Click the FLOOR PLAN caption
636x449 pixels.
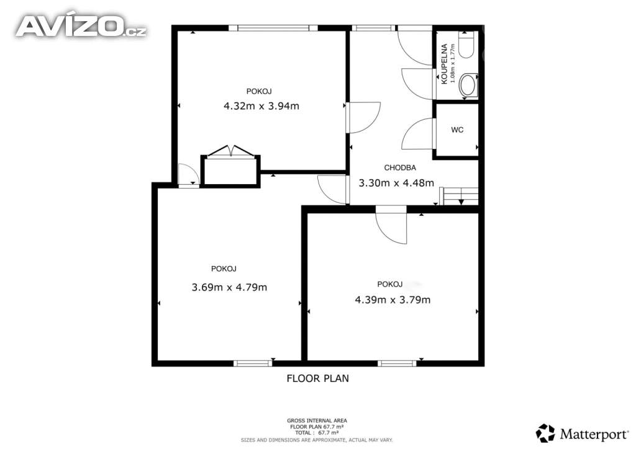click(317, 378)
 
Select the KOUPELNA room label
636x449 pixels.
click(444, 64)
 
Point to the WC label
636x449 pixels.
click(457, 130)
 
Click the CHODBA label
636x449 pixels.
click(400, 167)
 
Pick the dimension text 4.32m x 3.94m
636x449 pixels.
click(261, 106)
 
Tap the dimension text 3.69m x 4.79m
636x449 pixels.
click(229, 287)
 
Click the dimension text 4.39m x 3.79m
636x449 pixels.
click(393, 300)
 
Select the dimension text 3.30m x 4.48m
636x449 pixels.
click(396, 183)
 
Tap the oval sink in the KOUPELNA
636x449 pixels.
click(468, 86)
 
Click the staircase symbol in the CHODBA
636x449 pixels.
click(460, 196)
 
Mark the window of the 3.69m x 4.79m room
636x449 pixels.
click(253, 363)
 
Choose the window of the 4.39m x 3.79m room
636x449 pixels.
click(397, 363)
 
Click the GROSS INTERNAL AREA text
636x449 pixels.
click(317, 420)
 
